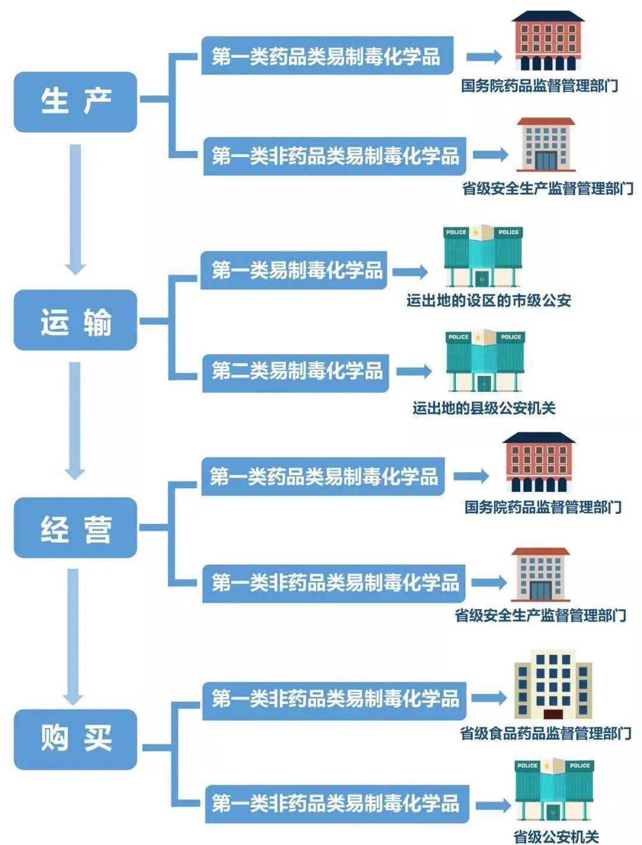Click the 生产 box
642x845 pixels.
click(x=75, y=102)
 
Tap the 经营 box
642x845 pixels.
click(x=75, y=528)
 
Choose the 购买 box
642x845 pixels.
click(x=75, y=739)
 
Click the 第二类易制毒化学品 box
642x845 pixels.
click(x=296, y=372)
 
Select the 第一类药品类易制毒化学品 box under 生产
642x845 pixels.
click(x=327, y=56)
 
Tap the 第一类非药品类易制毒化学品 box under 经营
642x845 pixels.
click(x=334, y=582)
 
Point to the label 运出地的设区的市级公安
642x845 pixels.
click(x=489, y=301)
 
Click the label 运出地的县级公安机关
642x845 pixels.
click(x=484, y=408)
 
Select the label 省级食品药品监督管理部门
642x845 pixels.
click(x=545, y=733)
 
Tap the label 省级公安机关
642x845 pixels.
click(x=555, y=837)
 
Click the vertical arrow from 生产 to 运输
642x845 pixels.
click(x=75, y=208)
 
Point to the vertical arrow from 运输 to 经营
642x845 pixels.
click(x=75, y=420)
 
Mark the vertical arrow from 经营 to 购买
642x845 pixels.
click(x=74, y=635)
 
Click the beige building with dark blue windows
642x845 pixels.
click(x=553, y=684)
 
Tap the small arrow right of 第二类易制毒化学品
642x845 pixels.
click(x=414, y=372)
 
